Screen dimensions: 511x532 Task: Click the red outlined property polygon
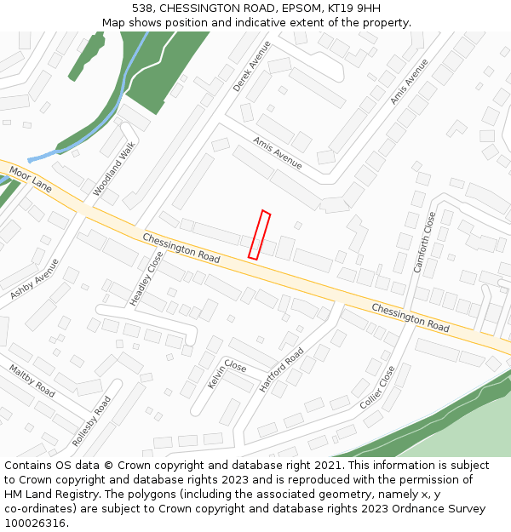click(x=259, y=235)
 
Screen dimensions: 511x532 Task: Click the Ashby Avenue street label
click(x=35, y=278)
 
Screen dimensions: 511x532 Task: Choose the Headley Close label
click(x=146, y=278)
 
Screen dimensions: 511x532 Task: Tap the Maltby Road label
click(x=32, y=380)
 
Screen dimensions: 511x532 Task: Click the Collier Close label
click(x=377, y=386)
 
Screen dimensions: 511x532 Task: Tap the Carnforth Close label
click(x=424, y=243)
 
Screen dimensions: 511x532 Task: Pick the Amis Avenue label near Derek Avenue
click(x=278, y=152)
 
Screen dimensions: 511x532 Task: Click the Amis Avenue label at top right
click(x=409, y=83)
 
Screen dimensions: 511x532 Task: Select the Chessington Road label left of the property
click(x=181, y=248)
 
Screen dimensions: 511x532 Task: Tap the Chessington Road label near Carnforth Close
click(x=410, y=317)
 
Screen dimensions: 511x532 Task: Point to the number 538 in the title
click(x=142, y=9)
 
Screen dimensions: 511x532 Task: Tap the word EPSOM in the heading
click(x=296, y=9)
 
